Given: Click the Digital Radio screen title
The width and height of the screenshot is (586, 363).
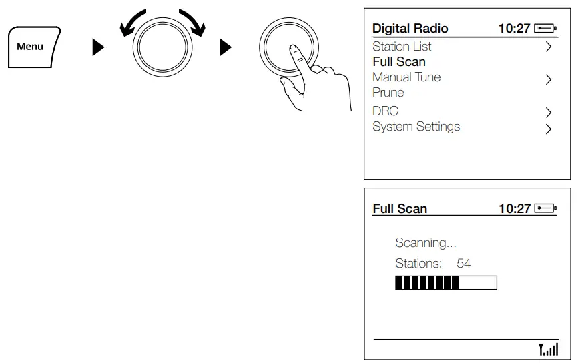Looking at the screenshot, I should click(410, 28).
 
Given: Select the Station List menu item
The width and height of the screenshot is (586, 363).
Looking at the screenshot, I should click(402, 47).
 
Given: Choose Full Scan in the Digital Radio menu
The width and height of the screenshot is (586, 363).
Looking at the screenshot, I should click(399, 62).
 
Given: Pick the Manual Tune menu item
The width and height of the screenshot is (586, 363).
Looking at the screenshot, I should click(406, 77).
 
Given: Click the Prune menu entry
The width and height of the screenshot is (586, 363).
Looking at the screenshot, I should click(388, 93).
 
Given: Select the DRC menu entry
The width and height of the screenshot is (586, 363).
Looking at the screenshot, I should click(385, 111).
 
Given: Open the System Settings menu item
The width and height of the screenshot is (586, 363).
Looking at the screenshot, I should click(416, 127).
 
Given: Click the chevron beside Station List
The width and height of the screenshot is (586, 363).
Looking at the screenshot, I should click(548, 47).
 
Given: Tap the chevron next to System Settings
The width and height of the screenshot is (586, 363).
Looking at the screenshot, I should click(548, 129).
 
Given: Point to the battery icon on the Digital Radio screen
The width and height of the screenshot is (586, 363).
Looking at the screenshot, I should click(545, 29).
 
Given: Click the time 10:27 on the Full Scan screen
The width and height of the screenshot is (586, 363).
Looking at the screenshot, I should click(514, 209).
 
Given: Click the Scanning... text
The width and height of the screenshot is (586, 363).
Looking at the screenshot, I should click(426, 243).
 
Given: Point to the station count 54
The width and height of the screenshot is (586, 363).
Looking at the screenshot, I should click(463, 264).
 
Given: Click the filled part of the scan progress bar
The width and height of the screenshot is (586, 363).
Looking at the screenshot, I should click(426, 282).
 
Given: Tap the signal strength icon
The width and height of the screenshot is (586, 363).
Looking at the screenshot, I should click(549, 349).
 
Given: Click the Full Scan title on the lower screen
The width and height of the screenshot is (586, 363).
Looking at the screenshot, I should click(400, 209).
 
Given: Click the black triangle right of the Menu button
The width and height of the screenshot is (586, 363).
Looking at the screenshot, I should click(98, 47).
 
